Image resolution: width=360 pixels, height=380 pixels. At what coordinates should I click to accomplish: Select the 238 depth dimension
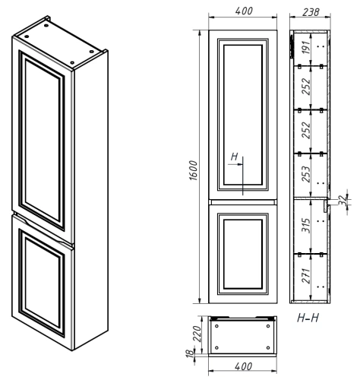coord(309,11)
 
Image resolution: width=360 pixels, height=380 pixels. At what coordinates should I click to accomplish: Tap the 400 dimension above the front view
coord(243,11)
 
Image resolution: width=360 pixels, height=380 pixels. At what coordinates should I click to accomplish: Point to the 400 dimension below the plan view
coord(243,368)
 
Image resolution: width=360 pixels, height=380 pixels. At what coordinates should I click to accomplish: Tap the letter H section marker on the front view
coord(235,158)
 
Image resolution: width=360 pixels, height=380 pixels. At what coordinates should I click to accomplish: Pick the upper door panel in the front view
coord(243,114)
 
